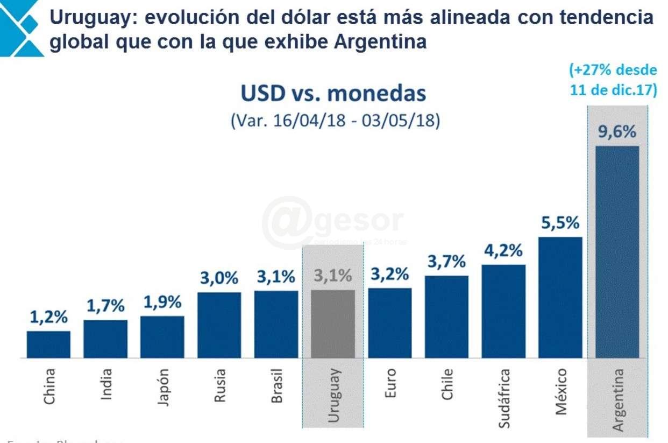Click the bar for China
point(48,344)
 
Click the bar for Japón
point(162,337)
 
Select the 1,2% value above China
point(48,318)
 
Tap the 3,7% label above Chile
point(446,262)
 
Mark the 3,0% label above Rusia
point(219,278)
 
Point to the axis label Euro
point(390,383)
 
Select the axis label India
point(106,383)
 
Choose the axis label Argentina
point(618,399)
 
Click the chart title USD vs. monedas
point(333,94)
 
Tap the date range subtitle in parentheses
point(335,121)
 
